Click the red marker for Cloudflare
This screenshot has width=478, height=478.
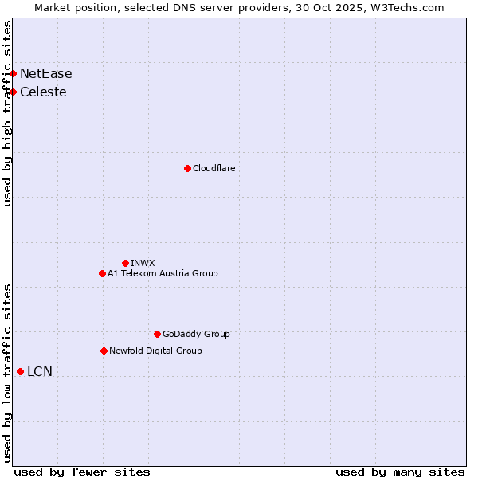tap(187, 168)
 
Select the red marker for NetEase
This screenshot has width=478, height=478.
tap(13, 73)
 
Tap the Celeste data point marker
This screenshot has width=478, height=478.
tap(13, 92)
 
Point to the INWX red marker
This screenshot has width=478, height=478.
tap(125, 263)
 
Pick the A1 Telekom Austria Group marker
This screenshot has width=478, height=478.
tap(102, 273)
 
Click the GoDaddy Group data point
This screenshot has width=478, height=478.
tap(157, 334)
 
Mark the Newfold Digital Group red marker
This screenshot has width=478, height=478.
tap(104, 351)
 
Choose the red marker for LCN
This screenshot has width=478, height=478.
tap(20, 371)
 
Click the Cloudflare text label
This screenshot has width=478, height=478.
tap(214, 168)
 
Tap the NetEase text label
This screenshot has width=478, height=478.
tap(46, 74)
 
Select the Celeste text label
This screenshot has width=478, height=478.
tap(43, 92)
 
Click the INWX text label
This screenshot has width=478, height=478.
tap(143, 263)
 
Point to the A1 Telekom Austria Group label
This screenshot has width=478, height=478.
tap(163, 273)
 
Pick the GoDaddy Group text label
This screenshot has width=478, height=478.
tap(196, 334)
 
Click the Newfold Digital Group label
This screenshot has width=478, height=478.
tap(155, 351)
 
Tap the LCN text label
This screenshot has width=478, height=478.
tap(40, 372)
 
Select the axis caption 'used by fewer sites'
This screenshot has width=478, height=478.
tap(82, 472)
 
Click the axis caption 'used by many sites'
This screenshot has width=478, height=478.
tap(400, 472)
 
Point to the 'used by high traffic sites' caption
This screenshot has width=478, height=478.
tap(8, 113)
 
